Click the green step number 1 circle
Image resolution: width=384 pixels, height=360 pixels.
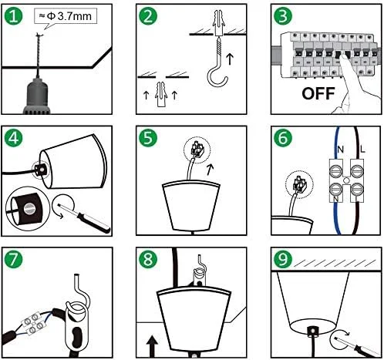pyautogui.click(x=13, y=16)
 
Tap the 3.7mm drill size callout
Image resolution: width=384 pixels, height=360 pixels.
pyautogui.click(x=66, y=16)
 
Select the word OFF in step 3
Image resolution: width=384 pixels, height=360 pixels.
pyautogui.click(x=318, y=93)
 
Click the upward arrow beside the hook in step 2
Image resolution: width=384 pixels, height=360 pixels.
pyautogui.click(x=230, y=59)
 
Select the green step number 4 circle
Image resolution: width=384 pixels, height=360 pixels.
pyautogui.click(x=13, y=138)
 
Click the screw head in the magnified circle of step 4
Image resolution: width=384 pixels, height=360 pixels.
pyautogui.click(x=29, y=209)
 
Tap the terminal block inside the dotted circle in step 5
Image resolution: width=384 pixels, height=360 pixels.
pyautogui.click(x=197, y=150)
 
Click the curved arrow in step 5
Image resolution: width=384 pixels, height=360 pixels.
pyautogui.click(x=211, y=170)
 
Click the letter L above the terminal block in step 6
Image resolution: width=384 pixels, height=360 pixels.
pyautogui.click(x=362, y=149)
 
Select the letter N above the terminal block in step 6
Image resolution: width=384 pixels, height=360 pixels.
pyautogui.click(x=341, y=150)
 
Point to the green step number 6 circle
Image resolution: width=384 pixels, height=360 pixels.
pyautogui.click(x=283, y=138)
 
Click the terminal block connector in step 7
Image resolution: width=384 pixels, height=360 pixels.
pyautogui.click(x=32, y=325)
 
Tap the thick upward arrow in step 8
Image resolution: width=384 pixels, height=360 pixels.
pyautogui.click(x=152, y=346)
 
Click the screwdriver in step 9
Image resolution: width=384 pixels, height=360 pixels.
pyautogui.click(x=357, y=346)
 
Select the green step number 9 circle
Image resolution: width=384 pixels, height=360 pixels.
pyautogui.click(x=283, y=259)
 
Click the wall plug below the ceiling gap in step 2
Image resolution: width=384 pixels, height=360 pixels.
pyautogui.click(x=160, y=95)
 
